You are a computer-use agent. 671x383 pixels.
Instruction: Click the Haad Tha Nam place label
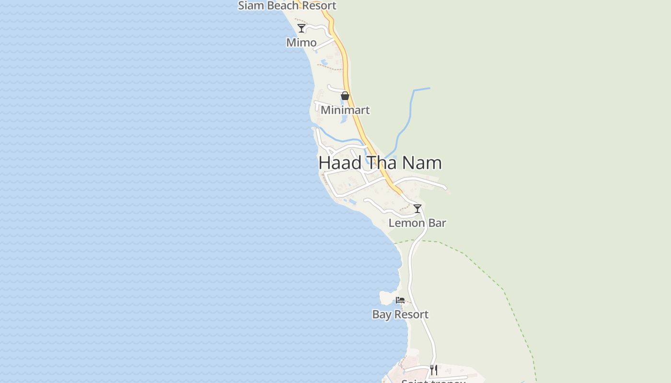[380, 163]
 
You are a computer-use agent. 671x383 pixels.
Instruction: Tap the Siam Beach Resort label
[287, 6]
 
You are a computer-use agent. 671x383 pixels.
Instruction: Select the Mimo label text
[301, 43]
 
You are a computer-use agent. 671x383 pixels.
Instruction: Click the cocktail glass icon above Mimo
[301, 28]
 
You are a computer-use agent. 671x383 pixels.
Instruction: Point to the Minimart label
[345, 110]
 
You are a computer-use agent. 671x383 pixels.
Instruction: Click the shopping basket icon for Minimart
[345, 96]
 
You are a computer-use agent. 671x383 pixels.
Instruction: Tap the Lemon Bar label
[417, 223]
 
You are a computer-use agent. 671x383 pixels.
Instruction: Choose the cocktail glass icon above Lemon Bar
[417, 209]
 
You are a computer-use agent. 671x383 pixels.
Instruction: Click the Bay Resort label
[400, 315]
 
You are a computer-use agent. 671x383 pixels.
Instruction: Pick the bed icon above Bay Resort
[400, 300]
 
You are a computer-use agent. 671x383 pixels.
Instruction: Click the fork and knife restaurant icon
[433, 370]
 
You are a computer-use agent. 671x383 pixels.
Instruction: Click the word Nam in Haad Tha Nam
[422, 163]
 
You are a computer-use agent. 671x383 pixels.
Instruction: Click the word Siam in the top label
[250, 6]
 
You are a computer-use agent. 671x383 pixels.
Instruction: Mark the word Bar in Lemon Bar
[437, 223]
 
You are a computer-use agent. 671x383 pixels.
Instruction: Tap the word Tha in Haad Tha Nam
[382, 163]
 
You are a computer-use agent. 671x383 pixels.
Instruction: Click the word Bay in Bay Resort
[382, 315]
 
